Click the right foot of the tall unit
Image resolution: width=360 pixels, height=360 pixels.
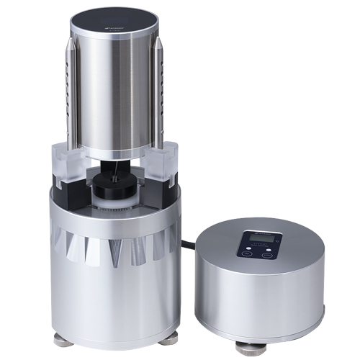(172, 335)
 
